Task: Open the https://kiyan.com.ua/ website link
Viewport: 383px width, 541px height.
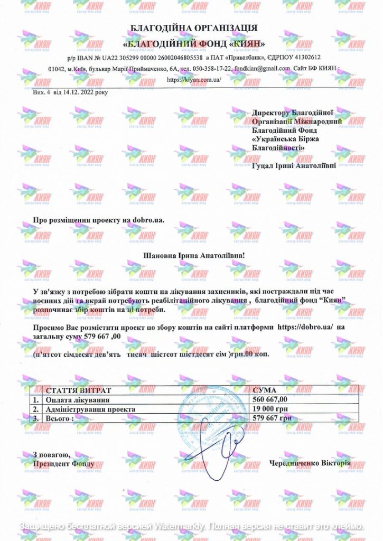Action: click(193, 79)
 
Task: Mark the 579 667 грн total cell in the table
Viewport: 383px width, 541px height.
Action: click(270, 418)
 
